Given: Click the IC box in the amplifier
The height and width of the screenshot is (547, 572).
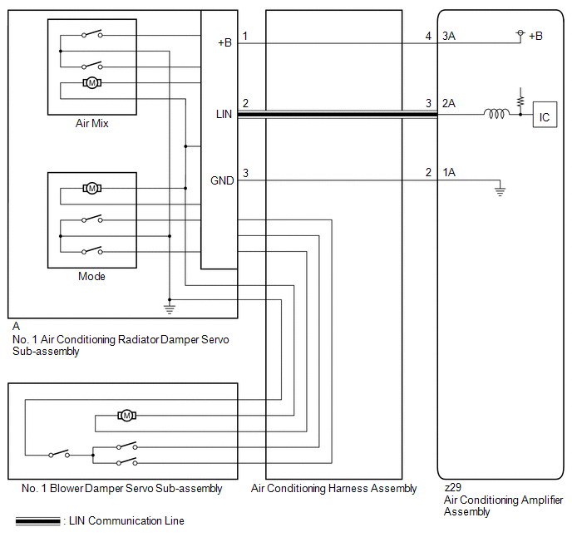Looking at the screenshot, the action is tap(545, 115).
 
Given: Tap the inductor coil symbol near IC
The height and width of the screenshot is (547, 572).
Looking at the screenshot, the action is tap(496, 114).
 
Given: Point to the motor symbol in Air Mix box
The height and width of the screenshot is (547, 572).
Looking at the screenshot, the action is tap(92, 83).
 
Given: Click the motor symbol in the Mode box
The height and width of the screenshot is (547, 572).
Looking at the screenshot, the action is tap(92, 188).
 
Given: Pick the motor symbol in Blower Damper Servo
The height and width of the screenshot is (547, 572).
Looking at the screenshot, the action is tap(126, 416).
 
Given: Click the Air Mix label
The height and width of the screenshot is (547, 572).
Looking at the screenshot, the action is tap(92, 124).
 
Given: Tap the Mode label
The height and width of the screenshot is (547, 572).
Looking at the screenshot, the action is tap(91, 277).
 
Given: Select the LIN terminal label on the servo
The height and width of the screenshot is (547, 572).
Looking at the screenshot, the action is tap(224, 114).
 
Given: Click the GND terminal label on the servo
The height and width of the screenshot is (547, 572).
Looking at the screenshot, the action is tap(222, 180).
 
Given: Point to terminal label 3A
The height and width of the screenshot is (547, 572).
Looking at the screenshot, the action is tap(449, 36).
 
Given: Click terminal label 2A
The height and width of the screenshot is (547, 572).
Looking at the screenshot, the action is tap(449, 103).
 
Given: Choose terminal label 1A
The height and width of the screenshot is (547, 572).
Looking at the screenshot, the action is tap(449, 172).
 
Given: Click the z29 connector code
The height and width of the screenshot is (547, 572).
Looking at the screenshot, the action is tap(453, 487).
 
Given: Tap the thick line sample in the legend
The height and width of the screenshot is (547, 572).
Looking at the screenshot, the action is tap(38, 521).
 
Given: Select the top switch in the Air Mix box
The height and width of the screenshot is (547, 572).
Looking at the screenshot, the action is tap(92, 34).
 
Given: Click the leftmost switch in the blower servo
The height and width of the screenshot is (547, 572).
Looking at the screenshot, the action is tap(59, 454).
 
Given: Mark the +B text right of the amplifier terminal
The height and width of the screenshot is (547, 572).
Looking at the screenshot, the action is tap(535, 36).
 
